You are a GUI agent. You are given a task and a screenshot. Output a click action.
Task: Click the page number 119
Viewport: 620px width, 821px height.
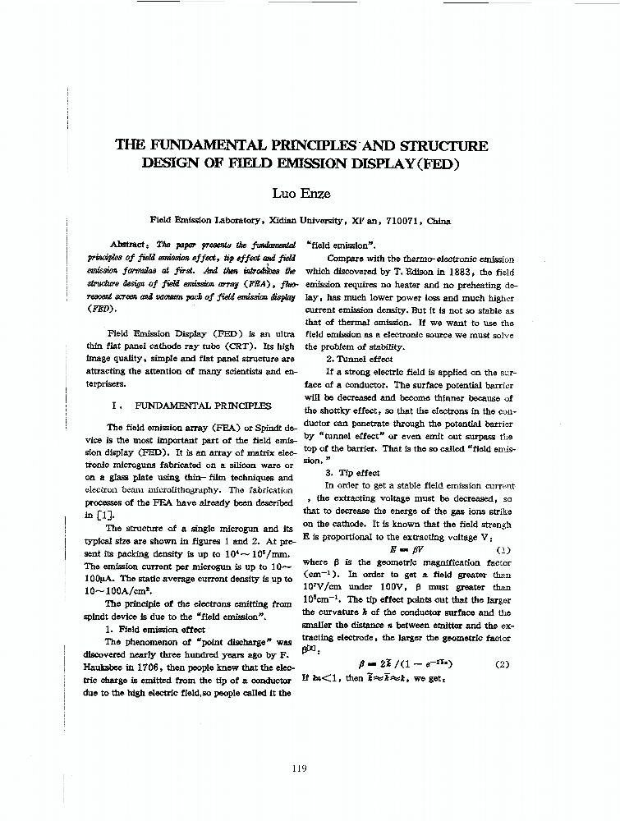tap(299, 768)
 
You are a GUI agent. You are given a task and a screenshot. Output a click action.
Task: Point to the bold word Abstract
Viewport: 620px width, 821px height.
tap(128, 245)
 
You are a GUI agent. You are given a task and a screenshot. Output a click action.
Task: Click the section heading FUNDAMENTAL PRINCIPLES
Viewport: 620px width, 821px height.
tap(202, 406)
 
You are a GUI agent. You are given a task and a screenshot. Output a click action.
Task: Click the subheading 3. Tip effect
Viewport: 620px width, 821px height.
tap(352, 473)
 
